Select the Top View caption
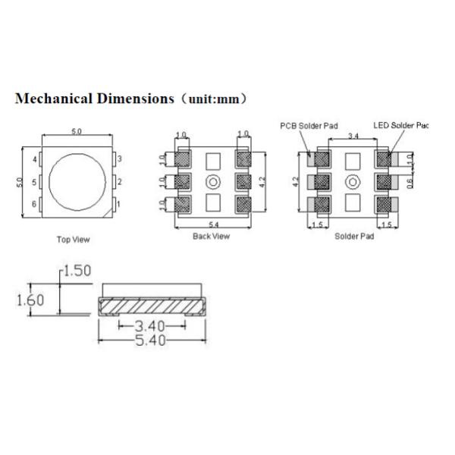[x=73, y=240]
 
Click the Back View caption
[x=212, y=236]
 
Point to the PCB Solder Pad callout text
[x=306, y=125]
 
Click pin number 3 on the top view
[x=119, y=158]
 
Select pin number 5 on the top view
[x=34, y=182]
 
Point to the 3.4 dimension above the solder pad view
[x=353, y=136]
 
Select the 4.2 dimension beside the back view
[x=262, y=182]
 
